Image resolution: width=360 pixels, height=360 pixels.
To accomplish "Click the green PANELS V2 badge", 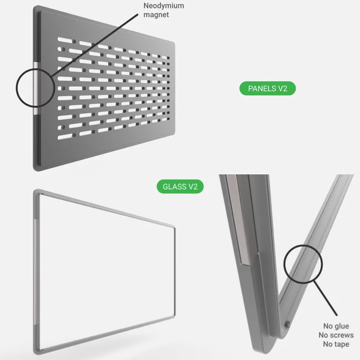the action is [267, 88].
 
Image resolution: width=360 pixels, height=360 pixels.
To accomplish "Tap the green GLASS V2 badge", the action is [180, 186].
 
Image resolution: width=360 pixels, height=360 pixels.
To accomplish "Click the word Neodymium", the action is [164, 5].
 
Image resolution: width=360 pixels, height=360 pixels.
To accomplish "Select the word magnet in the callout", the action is [156, 15].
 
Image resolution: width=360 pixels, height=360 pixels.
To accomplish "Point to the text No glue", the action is [336, 326].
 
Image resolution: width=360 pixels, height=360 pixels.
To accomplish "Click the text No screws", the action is [336, 335].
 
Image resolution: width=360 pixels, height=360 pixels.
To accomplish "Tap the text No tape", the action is [336, 344].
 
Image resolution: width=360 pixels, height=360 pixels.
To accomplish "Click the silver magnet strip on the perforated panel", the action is [37, 88].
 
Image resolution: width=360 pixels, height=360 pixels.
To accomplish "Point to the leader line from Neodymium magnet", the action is [95, 45].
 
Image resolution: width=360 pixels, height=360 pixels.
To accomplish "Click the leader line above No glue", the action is [326, 298].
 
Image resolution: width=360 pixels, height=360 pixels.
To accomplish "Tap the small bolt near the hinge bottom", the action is [287, 325].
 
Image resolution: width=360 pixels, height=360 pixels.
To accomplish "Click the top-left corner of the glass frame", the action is [34, 191].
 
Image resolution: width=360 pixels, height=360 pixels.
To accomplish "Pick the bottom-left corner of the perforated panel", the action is [35, 169].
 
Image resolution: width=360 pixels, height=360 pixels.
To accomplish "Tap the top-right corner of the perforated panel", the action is [174, 43].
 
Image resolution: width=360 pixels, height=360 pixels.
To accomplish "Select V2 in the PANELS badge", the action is [283, 88].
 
